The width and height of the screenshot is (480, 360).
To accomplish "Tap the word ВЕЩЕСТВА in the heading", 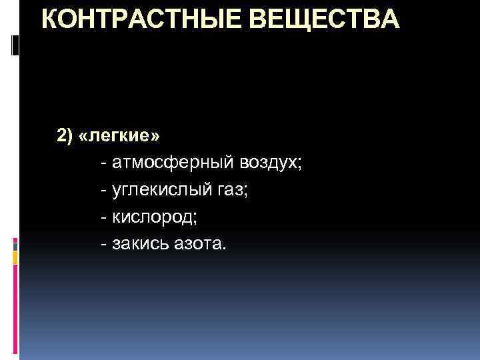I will pyautogui.click(x=327, y=20).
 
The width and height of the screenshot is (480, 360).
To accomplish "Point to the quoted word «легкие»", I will pyautogui.click(x=118, y=136).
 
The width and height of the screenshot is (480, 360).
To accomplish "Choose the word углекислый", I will pyautogui.click(x=160, y=190).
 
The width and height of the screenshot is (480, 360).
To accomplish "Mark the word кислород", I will pyautogui.click(x=152, y=217).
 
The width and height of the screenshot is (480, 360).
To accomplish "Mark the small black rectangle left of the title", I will pyautogui.click(x=17, y=45).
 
